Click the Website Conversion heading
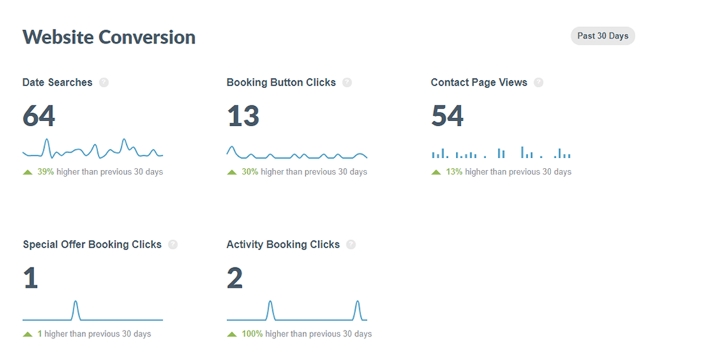[x=109, y=37]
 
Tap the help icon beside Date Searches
[x=104, y=83]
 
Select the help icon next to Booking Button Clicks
[x=347, y=83]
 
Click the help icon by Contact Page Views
[x=539, y=83]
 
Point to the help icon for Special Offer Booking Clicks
[x=173, y=245]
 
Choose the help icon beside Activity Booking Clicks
[x=351, y=245]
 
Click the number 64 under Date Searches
[x=39, y=116]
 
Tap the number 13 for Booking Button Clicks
[x=243, y=116]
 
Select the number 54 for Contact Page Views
[x=447, y=116]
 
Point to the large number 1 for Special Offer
[x=30, y=278]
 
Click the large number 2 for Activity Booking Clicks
[x=235, y=278]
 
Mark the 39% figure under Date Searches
[x=45, y=172]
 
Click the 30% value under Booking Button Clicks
[x=250, y=172]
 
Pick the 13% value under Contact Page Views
[x=454, y=172]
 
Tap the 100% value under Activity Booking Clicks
[x=252, y=334]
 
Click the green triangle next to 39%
[x=28, y=172]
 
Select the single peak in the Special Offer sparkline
[x=76, y=304]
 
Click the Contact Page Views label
[x=479, y=83]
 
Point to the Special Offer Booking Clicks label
[x=92, y=245]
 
